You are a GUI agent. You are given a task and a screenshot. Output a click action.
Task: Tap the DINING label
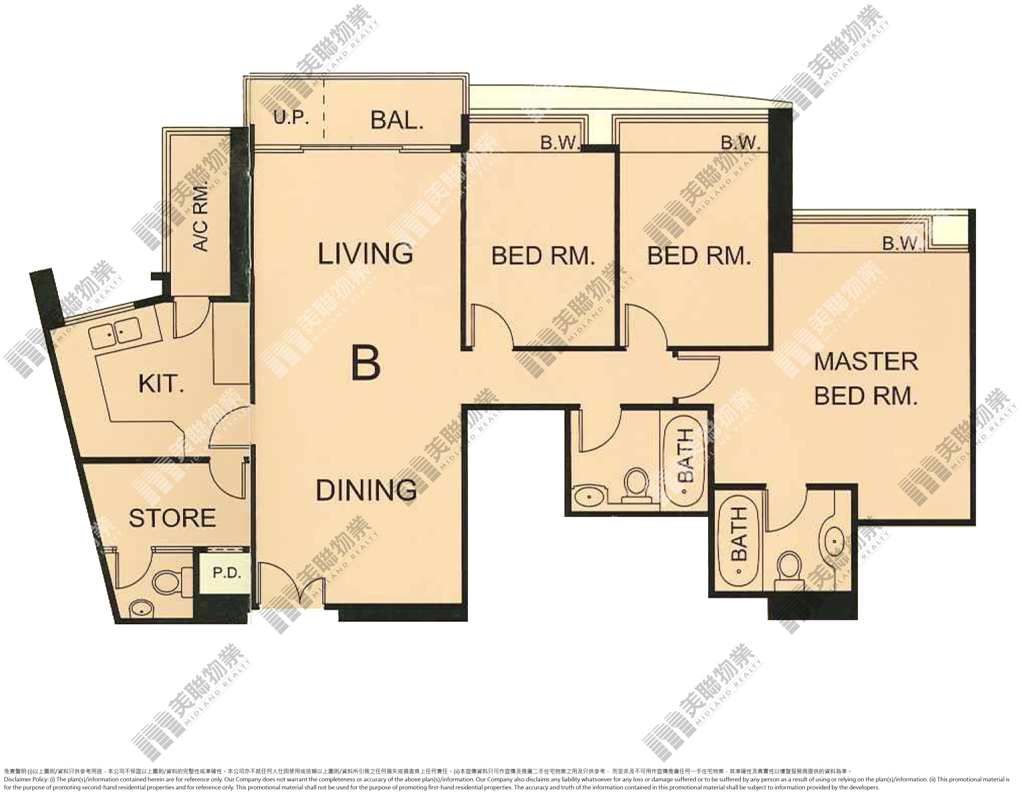366,490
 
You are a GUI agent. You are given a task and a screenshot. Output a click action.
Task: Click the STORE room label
172,518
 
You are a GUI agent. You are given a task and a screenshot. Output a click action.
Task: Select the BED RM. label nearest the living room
543,256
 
